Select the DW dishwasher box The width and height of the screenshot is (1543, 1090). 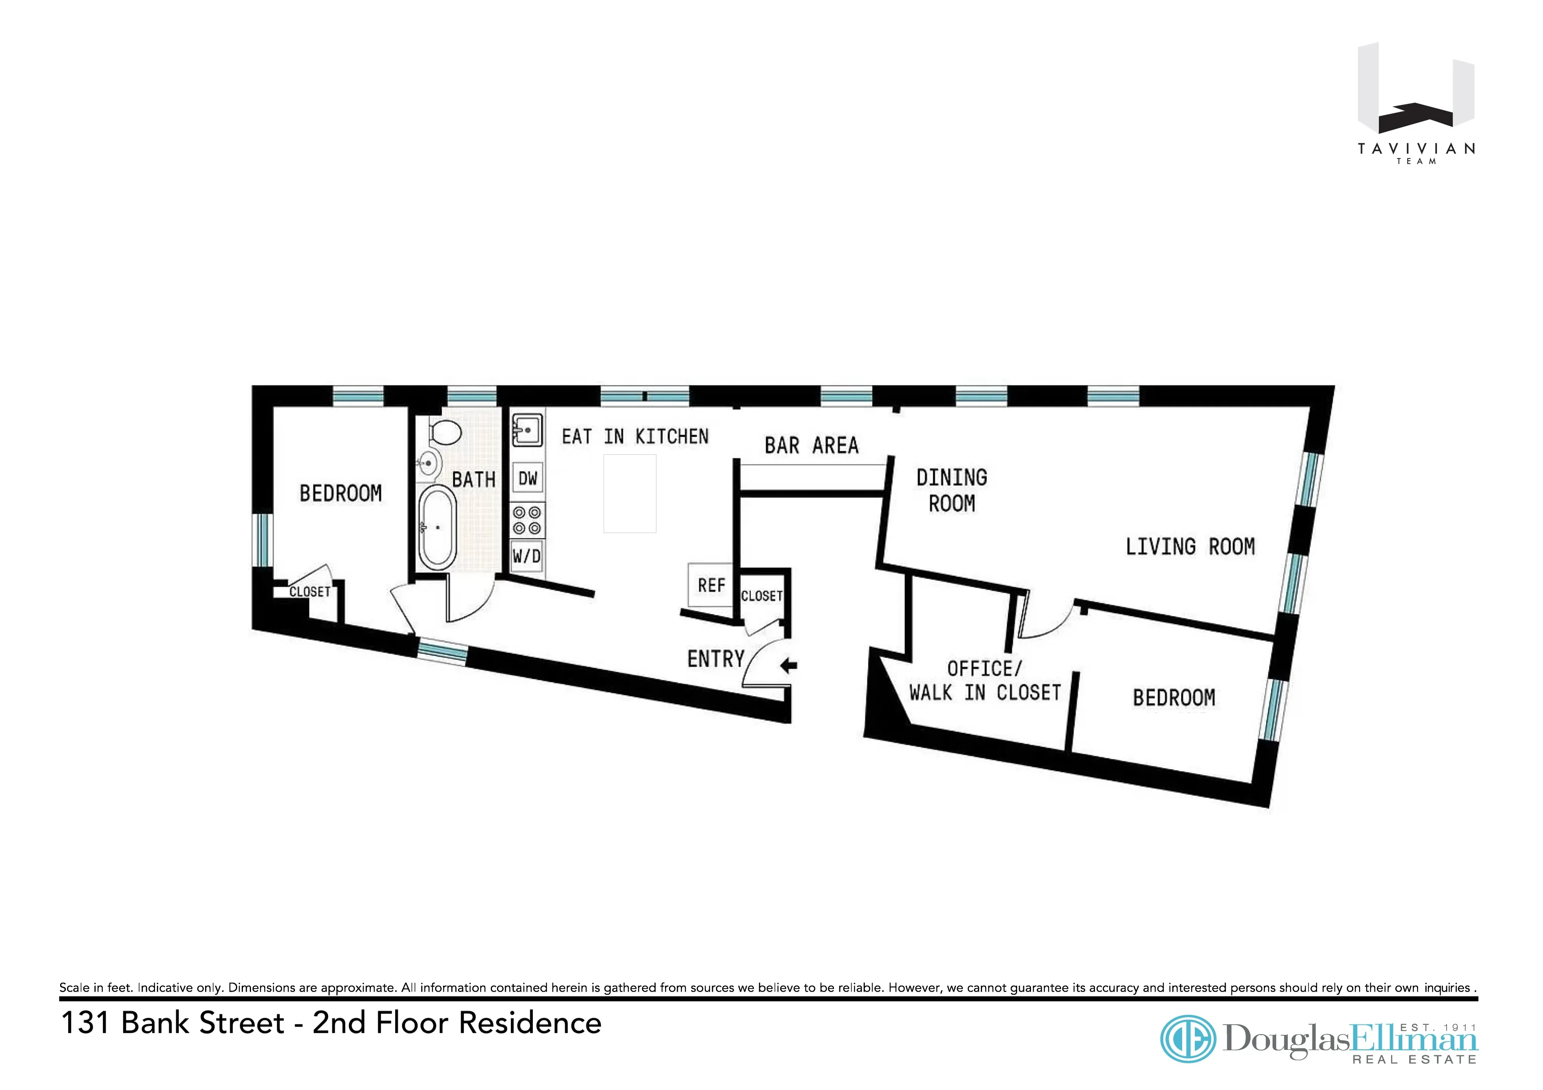(x=527, y=478)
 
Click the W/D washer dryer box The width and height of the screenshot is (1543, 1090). (x=527, y=556)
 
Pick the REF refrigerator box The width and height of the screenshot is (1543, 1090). (x=711, y=585)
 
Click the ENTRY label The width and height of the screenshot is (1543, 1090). (x=715, y=659)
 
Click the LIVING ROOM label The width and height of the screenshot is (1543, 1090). (x=1189, y=546)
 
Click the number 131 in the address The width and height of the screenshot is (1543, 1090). (x=85, y=1023)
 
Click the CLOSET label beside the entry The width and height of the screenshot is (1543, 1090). (x=761, y=596)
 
